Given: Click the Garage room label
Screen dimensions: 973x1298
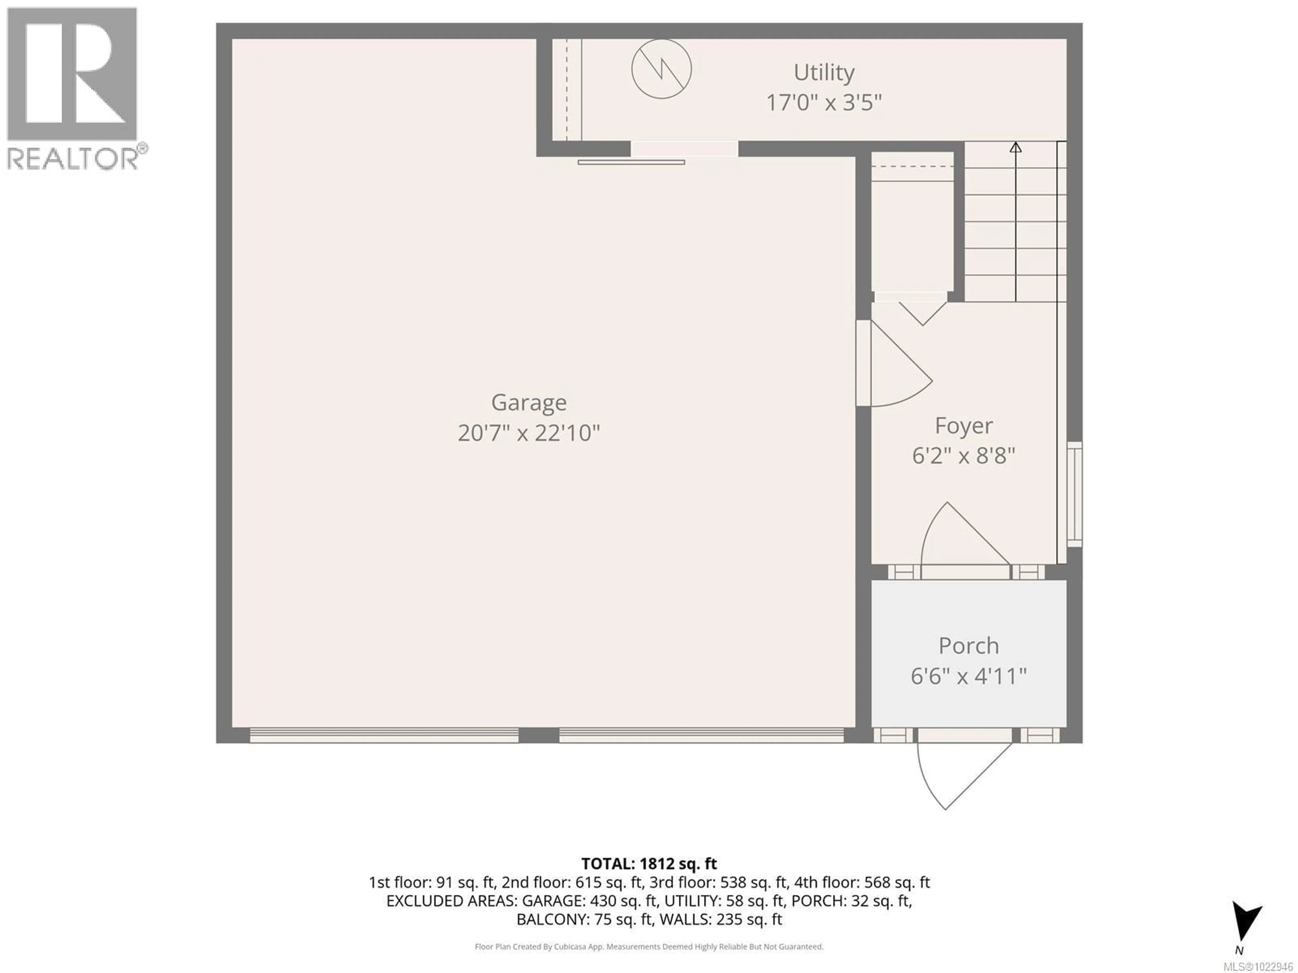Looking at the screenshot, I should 529,402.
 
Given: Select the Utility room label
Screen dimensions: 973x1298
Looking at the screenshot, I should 824,73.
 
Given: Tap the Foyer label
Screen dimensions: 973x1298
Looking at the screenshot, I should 963,425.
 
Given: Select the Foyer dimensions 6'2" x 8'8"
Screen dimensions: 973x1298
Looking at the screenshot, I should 963,456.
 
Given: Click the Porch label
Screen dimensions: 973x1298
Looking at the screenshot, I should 968,646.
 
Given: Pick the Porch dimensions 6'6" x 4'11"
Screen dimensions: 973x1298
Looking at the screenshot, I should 968,676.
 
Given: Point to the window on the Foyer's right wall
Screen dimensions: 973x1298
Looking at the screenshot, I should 1075,494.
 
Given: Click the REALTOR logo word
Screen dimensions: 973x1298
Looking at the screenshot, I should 73,158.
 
